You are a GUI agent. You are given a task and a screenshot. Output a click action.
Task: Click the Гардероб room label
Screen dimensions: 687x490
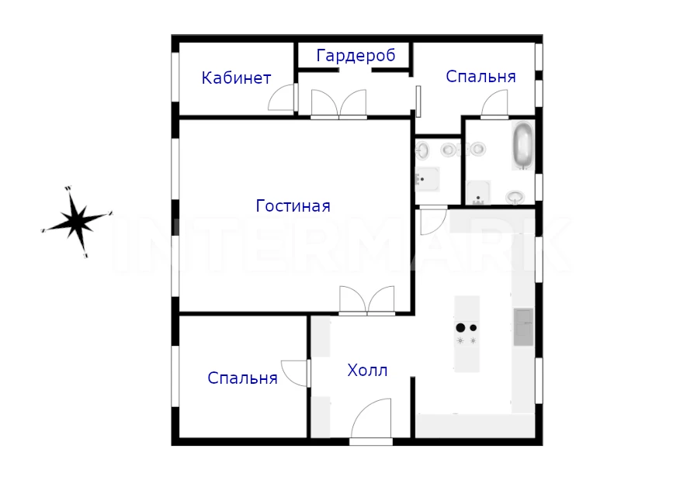click(x=356, y=57)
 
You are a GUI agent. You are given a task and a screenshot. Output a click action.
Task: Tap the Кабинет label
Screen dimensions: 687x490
click(x=236, y=78)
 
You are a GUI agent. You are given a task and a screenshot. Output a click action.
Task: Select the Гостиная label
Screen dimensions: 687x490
click(x=293, y=206)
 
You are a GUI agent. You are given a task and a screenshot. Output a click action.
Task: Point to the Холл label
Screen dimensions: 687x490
click(x=367, y=371)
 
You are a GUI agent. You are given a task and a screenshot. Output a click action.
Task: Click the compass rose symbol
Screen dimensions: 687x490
click(x=77, y=222)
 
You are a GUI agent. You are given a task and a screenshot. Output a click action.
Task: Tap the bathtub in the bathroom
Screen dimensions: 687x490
click(x=522, y=146)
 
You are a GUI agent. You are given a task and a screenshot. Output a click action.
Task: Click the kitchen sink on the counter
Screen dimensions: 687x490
click(x=523, y=327)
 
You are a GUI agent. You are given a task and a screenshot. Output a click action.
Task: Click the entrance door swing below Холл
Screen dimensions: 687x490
click(x=371, y=419)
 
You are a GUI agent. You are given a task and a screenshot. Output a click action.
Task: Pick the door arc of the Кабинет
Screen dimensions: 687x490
click(x=281, y=98)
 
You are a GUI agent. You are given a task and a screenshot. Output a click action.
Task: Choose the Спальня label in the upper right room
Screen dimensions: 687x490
click(x=481, y=77)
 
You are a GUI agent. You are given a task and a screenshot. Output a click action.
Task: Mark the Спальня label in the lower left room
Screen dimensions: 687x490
click(x=242, y=378)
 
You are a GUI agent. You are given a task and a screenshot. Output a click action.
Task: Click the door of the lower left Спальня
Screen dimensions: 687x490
click(x=294, y=373)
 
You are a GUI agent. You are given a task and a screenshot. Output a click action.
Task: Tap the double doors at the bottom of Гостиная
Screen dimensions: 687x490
click(x=367, y=300)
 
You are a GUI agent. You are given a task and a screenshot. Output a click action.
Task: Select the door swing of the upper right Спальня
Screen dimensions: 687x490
click(x=494, y=103)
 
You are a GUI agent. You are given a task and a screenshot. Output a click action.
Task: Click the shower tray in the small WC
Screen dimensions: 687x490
click(x=427, y=179)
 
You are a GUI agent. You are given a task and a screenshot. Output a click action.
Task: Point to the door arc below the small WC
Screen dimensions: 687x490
click(x=433, y=222)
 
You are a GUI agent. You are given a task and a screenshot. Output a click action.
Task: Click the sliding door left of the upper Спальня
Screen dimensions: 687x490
click(x=418, y=102)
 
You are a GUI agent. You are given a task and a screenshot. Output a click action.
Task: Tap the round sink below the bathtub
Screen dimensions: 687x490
click(x=515, y=197)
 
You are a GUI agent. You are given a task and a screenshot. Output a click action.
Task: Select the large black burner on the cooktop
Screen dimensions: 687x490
click(x=460, y=328)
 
